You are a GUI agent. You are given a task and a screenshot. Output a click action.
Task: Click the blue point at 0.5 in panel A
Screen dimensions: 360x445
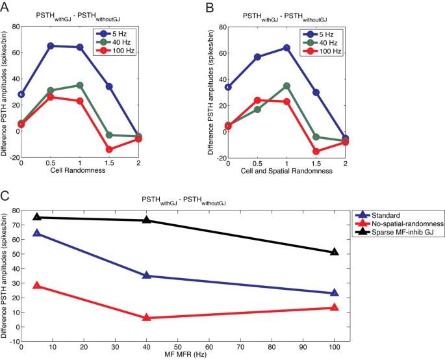tap(51, 45)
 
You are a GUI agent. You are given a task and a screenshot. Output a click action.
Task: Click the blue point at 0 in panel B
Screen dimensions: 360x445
tap(228, 87)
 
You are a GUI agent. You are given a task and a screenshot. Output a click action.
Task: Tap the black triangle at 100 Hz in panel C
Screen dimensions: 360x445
tap(335, 251)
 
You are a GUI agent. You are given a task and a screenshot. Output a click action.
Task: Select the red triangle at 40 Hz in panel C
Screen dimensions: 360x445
tap(147, 317)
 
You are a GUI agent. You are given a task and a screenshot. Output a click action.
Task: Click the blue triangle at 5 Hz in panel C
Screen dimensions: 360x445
tap(37, 233)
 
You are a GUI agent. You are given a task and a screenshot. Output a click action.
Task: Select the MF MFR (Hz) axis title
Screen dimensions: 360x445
tap(185, 355)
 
